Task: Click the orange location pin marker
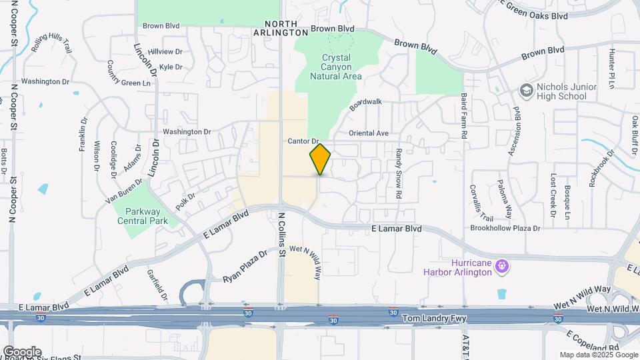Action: pos(320,159)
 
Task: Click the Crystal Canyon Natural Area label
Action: pos(336,67)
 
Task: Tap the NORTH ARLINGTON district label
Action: pos(281,27)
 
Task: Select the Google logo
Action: pos(22,351)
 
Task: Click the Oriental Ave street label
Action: pos(363,133)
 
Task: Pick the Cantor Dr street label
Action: pos(305,141)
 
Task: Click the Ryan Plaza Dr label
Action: pos(245,265)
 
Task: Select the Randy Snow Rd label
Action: pos(399,173)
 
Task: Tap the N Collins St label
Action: pos(282,235)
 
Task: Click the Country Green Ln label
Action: pos(129,75)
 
